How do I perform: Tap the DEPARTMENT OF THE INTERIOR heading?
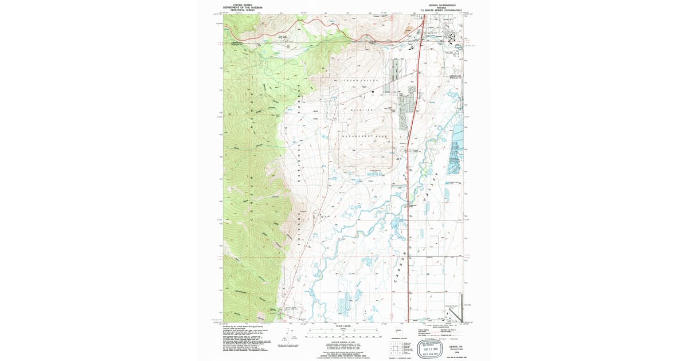tap(241, 6)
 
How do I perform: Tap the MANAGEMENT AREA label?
tap(365, 136)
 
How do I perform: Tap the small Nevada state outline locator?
tap(398, 331)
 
